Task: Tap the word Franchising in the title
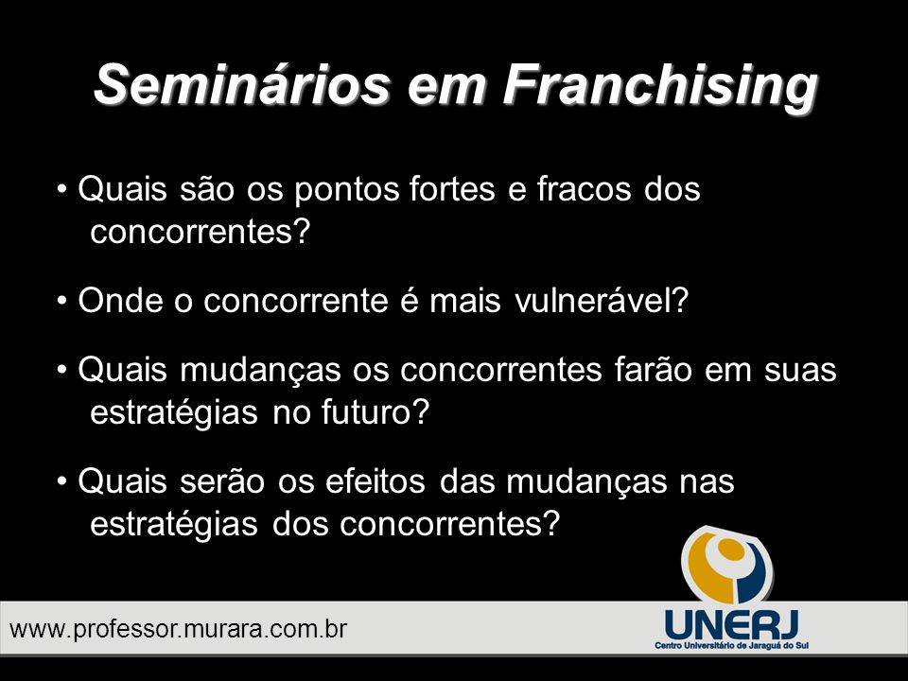click(x=660, y=87)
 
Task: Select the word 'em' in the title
click(x=445, y=90)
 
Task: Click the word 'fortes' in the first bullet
click(x=452, y=189)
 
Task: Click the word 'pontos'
click(x=346, y=192)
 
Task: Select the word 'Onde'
click(x=120, y=301)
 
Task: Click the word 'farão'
click(x=654, y=370)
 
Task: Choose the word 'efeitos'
click(x=375, y=480)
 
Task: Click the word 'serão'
click(x=221, y=481)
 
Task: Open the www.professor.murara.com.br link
click(x=179, y=629)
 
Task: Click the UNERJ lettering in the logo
click(x=732, y=624)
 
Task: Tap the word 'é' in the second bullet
click(x=409, y=301)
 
